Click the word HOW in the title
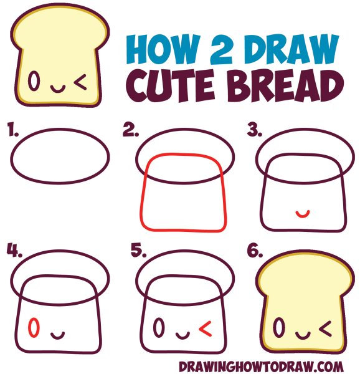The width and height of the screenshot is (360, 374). click(163, 49)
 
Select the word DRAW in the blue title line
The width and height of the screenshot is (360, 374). click(291, 49)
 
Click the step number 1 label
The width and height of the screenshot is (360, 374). click(12, 129)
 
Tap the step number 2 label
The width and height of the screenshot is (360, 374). click(131, 130)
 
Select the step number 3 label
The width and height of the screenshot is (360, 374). click(254, 130)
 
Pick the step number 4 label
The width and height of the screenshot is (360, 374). click(14, 250)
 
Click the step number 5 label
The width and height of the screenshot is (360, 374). click(138, 251)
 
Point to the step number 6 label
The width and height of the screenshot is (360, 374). click(255, 251)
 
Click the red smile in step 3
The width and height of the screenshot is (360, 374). click(303, 216)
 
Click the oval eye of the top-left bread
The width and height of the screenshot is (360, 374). click(34, 81)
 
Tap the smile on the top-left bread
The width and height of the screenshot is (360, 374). click(57, 91)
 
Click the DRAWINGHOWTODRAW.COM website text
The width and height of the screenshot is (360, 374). click(261, 367)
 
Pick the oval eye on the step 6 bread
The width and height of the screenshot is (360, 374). click(279, 327)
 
